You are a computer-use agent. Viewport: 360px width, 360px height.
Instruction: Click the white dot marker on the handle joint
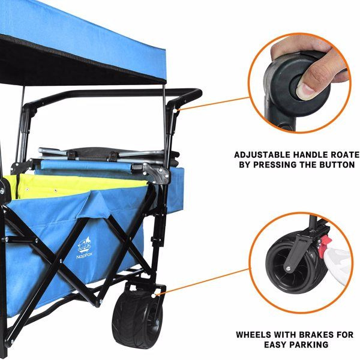click(175, 111)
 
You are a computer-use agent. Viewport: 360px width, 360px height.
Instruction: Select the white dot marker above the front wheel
click(154, 296)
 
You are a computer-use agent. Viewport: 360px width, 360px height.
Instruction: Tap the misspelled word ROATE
click(344, 155)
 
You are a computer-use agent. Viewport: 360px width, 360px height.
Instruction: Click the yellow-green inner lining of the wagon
click(69, 185)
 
